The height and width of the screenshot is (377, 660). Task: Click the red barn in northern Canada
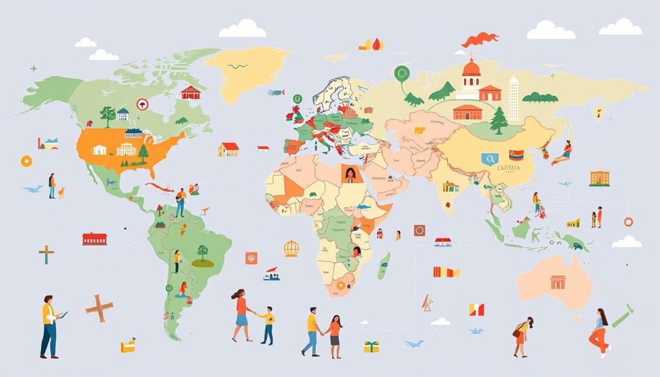(190, 93)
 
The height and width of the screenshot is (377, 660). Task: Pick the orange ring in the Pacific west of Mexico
(26, 160)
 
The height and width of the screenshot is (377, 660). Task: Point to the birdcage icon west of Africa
(291, 248)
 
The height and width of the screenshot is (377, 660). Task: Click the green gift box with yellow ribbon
(371, 347)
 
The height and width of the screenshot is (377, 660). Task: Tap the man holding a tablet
(49, 325)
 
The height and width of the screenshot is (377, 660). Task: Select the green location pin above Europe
(403, 75)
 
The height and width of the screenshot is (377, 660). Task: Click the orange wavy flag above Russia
(480, 39)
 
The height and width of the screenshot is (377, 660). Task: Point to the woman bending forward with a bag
(523, 335)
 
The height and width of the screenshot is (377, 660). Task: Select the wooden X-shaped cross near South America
(99, 307)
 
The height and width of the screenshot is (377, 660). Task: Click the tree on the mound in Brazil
(202, 255)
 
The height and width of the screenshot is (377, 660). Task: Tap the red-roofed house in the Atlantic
(228, 149)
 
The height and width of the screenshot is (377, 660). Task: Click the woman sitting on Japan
(566, 153)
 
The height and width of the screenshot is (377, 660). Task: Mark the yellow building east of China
(599, 179)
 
